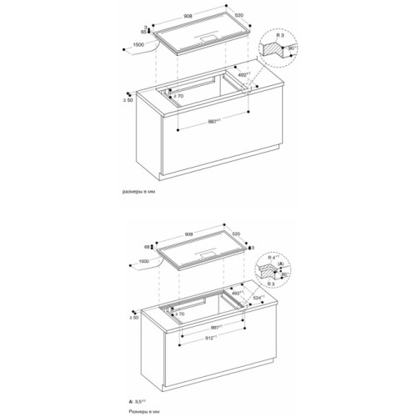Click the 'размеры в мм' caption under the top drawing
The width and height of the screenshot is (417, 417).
[x=140, y=191]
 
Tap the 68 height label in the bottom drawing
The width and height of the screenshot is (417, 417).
[x=147, y=247]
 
